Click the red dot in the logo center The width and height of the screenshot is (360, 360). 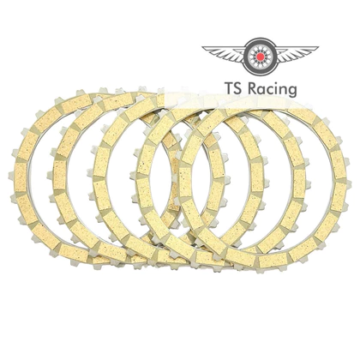[x=260, y=57]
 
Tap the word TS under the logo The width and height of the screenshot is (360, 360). [x=234, y=88]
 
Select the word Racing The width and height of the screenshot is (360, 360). [x=272, y=89]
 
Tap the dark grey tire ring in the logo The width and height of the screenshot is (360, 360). [x=260, y=41]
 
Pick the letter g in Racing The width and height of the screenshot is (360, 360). [x=291, y=92]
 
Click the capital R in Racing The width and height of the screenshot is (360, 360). [x=252, y=88]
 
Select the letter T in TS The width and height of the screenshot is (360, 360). [x=230, y=88]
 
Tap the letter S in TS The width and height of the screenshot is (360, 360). [x=240, y=88]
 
